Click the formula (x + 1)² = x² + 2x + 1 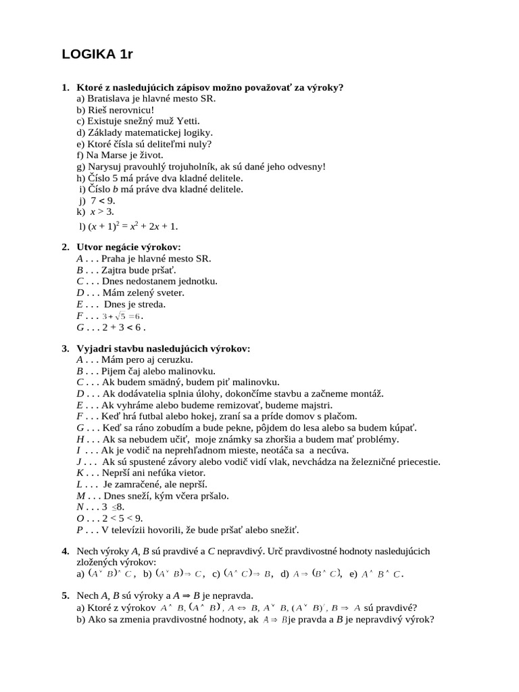[x=132, y=225]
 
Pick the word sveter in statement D [x=168, y=293]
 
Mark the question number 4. [x=65, y=551]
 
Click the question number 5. [x=65, y=595]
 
